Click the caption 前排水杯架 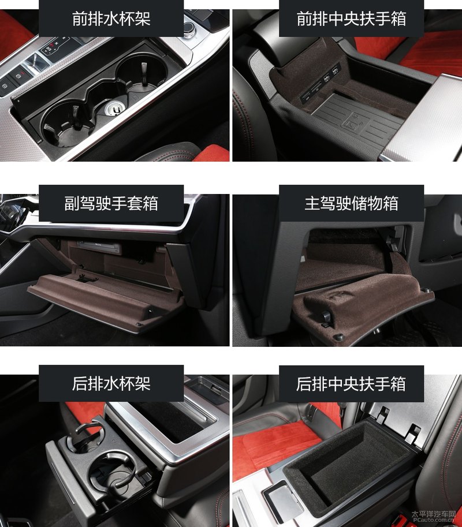click(x=111, y=18)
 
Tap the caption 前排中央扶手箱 click(x=351, y=18)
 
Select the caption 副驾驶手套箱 click(x=111, y=203)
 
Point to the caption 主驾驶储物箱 click(x=351, y=203)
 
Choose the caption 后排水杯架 click(x=111, y=383)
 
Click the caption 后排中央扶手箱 click(x=351, y=383)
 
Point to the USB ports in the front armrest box click(x=320, y=84)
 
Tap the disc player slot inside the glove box click(x=99, y=247)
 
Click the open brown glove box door click(x=104, y=297)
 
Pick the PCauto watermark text click(x=434, y=517)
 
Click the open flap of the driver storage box click(x=362, y=302)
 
